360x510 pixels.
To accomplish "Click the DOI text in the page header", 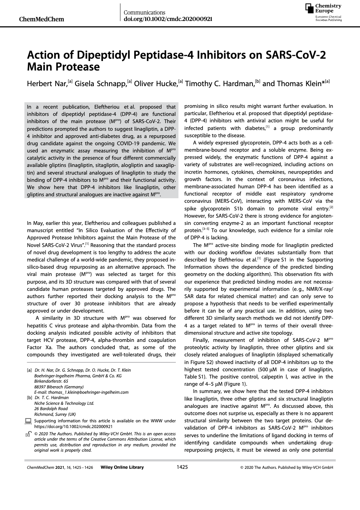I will click(x=168, y=19).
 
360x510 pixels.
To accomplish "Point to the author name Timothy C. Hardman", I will click(x=220, y=84).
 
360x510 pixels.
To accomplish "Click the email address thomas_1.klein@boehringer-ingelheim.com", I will click(x=81, y=392).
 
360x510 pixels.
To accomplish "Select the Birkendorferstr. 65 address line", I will click(x=51, y=381).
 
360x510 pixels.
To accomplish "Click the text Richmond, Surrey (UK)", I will click(x=55, y=414).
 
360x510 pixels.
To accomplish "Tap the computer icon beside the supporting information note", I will click(x=28, y=421).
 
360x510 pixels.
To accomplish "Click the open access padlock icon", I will click(x=28, y=434).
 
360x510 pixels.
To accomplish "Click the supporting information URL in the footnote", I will click(x=73, y=427).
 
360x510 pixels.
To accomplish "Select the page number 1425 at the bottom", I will click(x=182, y=467).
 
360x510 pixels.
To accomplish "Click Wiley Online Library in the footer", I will click(x=122, y=468).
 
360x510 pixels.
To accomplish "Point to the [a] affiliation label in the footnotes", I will click(x=29, y=370).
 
